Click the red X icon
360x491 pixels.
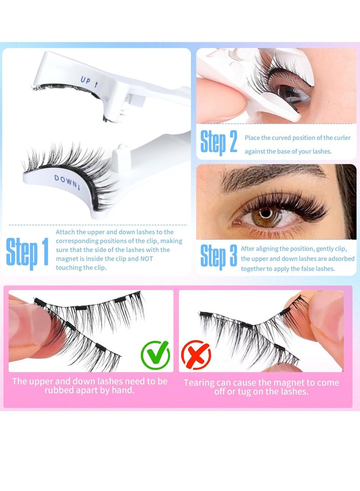pyautogui.click(x=196, y=355)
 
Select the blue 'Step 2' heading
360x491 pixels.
pyautogui.click(x=219, y=142)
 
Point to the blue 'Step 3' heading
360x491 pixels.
pyautogui.click(x=219, y=257)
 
